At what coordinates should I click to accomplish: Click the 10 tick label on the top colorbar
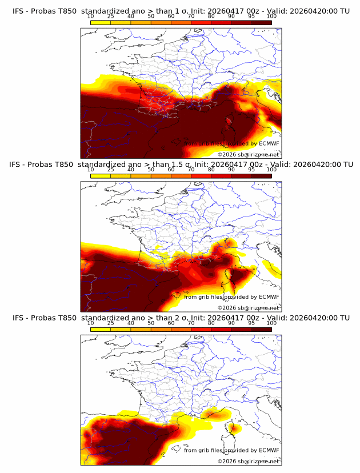(90, 16)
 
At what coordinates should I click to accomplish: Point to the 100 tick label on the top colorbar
(271, 16)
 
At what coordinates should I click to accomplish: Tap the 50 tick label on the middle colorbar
(151, 170)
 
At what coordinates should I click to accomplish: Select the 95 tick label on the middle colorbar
(251, 170)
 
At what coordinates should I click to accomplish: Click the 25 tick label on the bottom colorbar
(110, 323)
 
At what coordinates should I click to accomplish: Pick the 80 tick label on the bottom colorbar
(211, 323)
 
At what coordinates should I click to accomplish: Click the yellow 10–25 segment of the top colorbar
(101, 22)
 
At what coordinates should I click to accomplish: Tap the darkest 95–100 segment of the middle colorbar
(261, 175)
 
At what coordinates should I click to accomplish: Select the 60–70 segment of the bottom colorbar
(181, 329)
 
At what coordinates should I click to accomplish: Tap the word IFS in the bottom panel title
(19, 318)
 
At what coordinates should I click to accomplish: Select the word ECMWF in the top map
(269, 143)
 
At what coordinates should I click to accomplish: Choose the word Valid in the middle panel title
(280, 165)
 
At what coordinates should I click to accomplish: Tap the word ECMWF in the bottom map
(269, 450)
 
